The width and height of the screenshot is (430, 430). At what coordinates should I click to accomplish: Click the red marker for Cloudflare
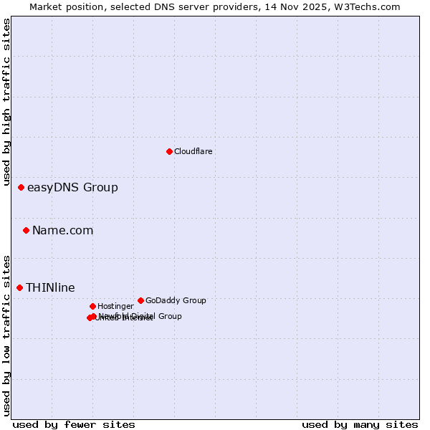coord(169,151)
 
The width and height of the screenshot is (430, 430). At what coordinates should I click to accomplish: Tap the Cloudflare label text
coord(193,152)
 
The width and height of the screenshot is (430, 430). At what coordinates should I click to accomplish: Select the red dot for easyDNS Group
coord(21,187)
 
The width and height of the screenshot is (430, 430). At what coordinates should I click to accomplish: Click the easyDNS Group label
coord(72,188)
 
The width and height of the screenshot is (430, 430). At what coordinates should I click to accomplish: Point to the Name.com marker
coord(26,230)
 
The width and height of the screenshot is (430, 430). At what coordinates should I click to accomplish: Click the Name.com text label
coord(62,231)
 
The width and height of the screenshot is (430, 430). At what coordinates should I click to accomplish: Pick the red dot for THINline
coord(19,287)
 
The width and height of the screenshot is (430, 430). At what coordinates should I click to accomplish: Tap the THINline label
coord(50,288)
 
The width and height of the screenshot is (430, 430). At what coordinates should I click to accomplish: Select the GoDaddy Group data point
coord(140,300)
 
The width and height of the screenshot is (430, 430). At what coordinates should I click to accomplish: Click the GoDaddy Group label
coord(176,301)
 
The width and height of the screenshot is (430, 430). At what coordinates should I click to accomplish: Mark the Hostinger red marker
coord(92,306)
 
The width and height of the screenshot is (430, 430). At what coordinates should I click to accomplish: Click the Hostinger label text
coord(115,307)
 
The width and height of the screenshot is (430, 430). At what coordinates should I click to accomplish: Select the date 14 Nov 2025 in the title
coord(302,6)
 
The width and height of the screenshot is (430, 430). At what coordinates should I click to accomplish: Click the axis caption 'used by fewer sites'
coord(74,425)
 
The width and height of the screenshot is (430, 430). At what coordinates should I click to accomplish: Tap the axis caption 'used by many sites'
coord(360,425)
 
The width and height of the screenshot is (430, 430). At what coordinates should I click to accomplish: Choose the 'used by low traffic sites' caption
coord(7,335)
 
